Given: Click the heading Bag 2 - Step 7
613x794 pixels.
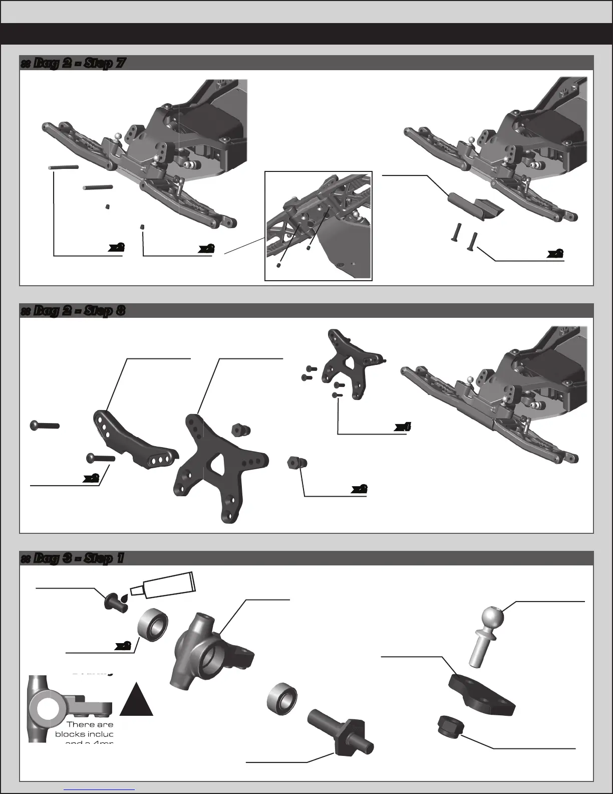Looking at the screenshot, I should (x=73, y=64).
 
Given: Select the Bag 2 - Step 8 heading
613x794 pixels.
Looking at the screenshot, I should (x=73, y=311).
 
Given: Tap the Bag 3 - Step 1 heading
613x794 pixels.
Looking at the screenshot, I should (x=72, y=558).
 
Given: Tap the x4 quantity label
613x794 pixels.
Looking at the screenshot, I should (x=403, y=427).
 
